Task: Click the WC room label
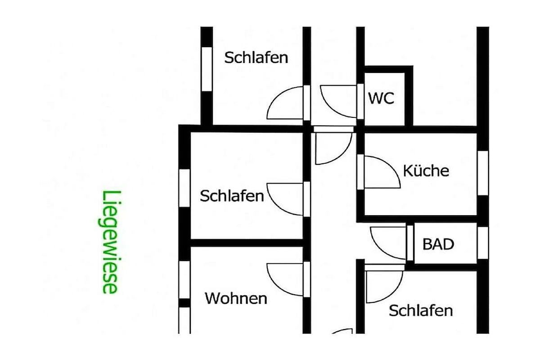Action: (x=381, y=98)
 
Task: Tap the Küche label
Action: (x=426, y=171)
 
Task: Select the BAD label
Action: (x=438, y=244)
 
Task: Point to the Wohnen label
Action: (x=236, y=298)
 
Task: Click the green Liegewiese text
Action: (x=110, y=242)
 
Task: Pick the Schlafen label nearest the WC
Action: (x=256, y=58)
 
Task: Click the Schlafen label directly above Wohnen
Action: (x=232, y=196)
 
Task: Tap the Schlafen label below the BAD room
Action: (x=421, y=310)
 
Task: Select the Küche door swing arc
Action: (x=382, y=172)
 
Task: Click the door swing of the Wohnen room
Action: (x=285, y=279)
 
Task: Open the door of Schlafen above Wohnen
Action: (x=285, y=199)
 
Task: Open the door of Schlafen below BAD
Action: (x=384, y=287)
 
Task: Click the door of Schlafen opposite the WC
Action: (x=285, y=103)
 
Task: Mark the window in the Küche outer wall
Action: (x=483, y=173)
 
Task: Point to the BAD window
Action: (x=483, y=243)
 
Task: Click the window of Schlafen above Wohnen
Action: (x=184, y=188)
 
